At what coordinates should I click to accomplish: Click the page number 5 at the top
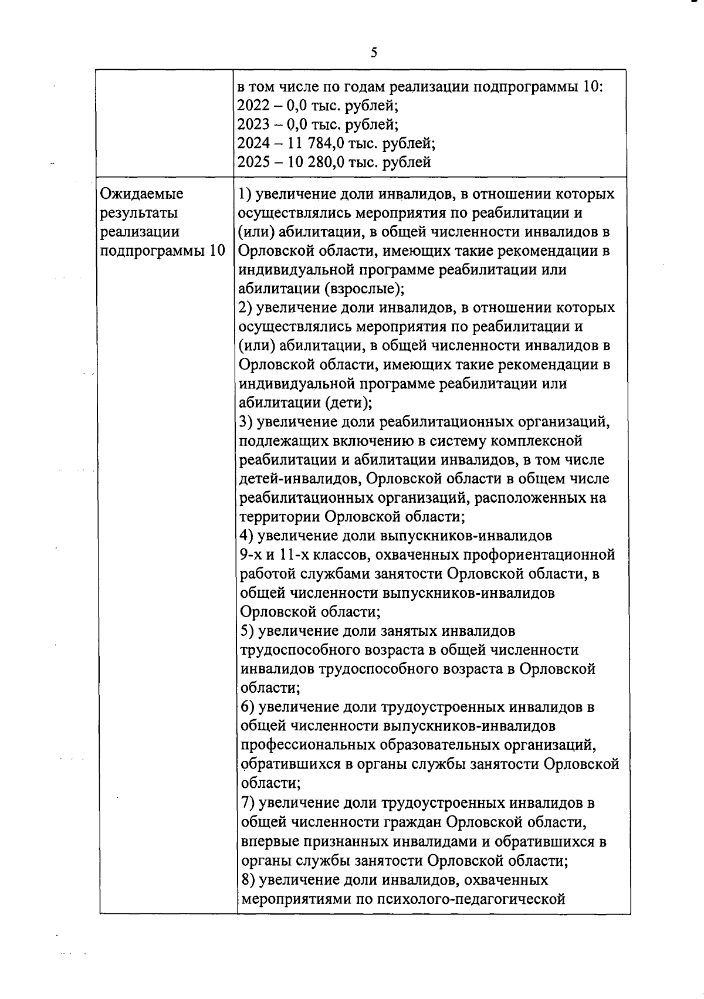coord(374,53)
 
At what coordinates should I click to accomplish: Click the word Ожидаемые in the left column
coord(142,194)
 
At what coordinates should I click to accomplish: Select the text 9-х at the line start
coord(251,555)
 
